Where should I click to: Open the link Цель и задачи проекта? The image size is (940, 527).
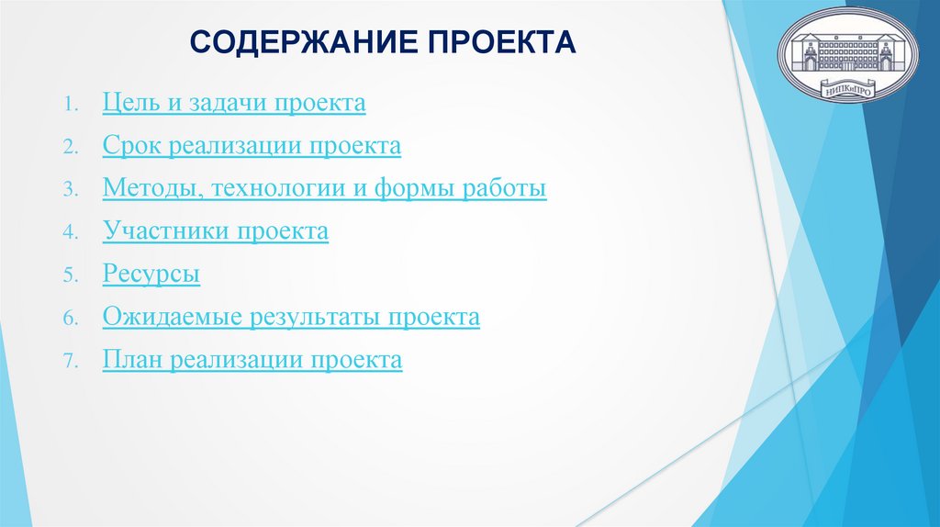pos(234,103)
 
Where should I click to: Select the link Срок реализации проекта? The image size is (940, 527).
pos(252,146)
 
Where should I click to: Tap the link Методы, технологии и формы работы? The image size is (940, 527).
pos(325,189)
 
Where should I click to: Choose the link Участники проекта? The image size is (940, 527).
pos(215,231)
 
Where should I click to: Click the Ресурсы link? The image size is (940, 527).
pos(151,275)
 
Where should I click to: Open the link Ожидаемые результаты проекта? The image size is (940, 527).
pos(291,318)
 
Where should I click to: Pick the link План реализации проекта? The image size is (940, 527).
pos(252,360)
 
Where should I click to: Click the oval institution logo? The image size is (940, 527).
pos(846,55)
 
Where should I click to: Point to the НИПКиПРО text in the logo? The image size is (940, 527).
pos(846,90)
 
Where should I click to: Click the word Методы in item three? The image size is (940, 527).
pos(151,189)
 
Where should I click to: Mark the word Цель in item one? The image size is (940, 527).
pos(130,103)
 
